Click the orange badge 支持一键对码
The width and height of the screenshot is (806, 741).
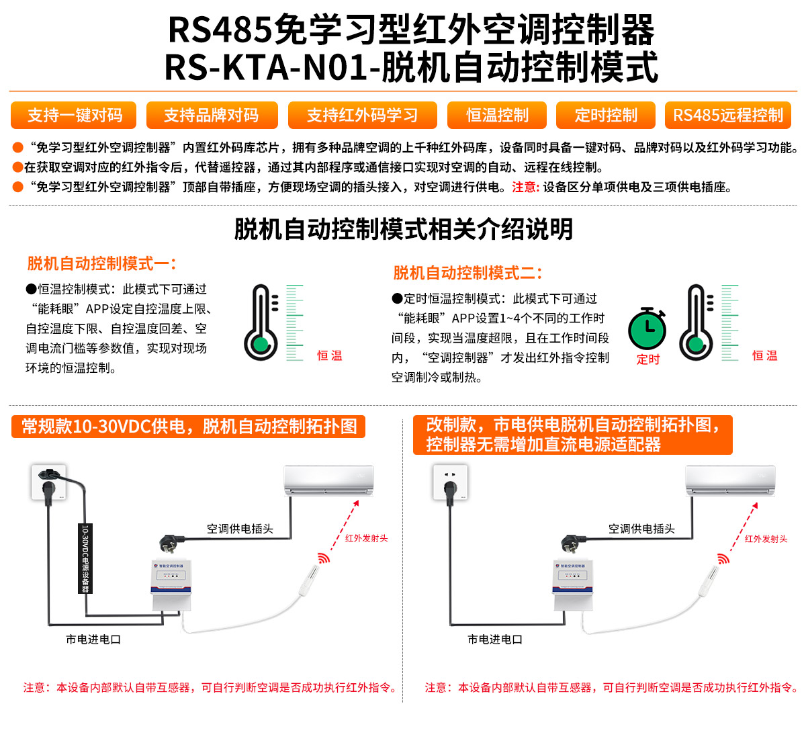(x=74, y=116)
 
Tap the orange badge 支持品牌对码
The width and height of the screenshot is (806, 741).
(x=212, y=116)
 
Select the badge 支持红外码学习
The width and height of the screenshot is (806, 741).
(x=362, y=116)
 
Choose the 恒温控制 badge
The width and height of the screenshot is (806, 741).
(x=497, y=116)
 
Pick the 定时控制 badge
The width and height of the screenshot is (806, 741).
(x=605, y=116)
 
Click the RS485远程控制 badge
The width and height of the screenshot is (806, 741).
(x=728, y=116)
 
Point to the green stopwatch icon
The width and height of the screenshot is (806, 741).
(x=647, y=329)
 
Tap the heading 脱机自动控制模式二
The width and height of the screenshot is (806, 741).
(x=467, y=273)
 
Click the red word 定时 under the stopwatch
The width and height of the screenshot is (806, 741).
(x=648, y=359)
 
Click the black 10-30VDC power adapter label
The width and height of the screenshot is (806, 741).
(x=85, y=558)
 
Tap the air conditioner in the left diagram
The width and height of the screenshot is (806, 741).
(x=328, y=480)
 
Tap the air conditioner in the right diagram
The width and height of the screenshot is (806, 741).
(x=730, y=481)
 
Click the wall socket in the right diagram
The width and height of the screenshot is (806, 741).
(x=450, y=482)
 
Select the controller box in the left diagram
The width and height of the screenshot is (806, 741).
(x=171, y=585)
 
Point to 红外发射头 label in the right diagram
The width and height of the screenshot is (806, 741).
(x=766, y=539)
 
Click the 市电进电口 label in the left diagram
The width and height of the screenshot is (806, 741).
(x=93, y=640)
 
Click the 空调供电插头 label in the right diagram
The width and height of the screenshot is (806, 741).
(x=641, y=529)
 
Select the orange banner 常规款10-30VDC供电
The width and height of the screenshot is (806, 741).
(x=189, y=427)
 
